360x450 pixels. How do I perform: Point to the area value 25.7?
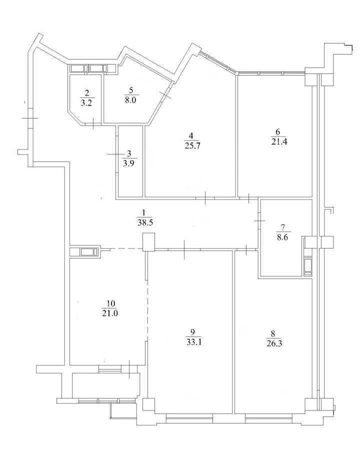tap(192, 145)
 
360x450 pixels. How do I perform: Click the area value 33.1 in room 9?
tap(192, 342)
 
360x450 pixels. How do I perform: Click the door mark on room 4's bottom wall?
tap(205, 198)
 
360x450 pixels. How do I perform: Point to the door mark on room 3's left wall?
tap(117, 154)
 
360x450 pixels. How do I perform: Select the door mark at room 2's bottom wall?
tap(93, 124)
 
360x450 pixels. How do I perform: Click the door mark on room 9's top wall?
tap(184, 249)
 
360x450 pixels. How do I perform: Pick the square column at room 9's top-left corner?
tap(148, 241)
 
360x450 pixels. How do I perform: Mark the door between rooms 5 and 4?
tap(165, 94)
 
